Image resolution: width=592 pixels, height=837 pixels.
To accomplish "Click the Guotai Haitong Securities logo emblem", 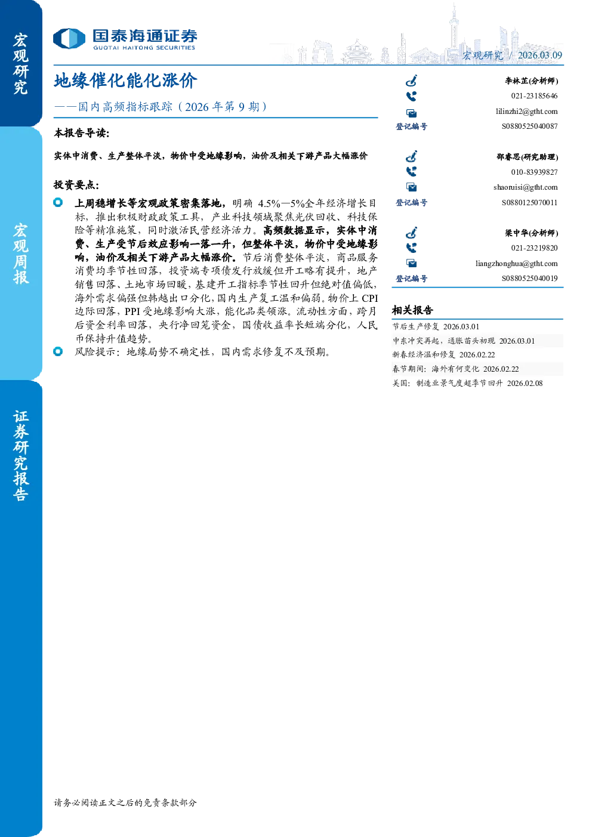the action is click(x=69, y=39).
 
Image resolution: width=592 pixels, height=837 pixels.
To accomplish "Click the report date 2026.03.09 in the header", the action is click(x=539, y=55).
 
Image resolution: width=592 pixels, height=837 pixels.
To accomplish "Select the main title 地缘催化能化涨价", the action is click(x=125, y=81).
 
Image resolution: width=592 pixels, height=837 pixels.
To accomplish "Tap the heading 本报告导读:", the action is click(x=82, y=133).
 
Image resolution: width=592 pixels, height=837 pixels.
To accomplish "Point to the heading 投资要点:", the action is click(x=76, y=184).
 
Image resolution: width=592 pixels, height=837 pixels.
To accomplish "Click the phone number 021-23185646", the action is click(x=534, y=96).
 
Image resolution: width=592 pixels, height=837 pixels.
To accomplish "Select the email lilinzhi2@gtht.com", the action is click(x=526, y=112).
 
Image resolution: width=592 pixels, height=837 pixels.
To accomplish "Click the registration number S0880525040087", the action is click(x=529, y=126).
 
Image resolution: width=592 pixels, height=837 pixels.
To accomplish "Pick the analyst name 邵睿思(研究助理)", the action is click(x=527, y=157).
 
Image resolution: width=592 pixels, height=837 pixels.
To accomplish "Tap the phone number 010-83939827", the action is click(x=534, y=172).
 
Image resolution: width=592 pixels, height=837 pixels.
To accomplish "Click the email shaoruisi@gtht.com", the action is click(x=525, y=187).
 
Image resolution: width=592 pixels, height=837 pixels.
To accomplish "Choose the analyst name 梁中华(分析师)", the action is click(x=532, y=233).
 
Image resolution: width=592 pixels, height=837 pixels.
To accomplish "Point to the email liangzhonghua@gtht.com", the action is click(x=516, y=264).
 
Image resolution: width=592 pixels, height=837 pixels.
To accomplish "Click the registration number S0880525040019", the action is click(x=529, y=279).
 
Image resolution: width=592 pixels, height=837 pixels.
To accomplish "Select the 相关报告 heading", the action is click(x=412, y=310).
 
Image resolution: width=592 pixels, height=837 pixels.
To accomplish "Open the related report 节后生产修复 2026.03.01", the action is click(x=436, y=326).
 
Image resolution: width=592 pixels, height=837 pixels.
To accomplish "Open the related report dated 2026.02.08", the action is click(x=467, y=384).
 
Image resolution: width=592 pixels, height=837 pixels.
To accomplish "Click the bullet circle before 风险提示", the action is click(x=58, y=351).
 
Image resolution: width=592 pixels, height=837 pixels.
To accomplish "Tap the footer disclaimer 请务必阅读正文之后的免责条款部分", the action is click(x=125, y=802).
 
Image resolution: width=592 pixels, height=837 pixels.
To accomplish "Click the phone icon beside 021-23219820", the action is click(x=411, y=248).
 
